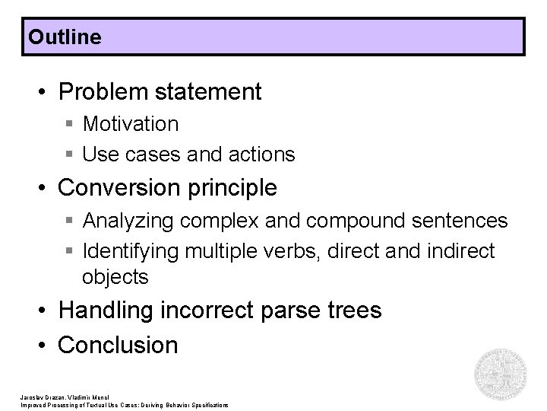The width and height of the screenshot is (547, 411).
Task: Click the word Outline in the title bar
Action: tap(64, 37)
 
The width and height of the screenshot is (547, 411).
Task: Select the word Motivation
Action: tap(131, 123)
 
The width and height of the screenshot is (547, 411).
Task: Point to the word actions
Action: tap(264, 155)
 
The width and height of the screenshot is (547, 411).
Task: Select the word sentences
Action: tap(460, 221)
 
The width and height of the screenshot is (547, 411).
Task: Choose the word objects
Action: tap(115, 277)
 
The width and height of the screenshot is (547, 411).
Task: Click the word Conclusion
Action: tap(118, 345)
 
